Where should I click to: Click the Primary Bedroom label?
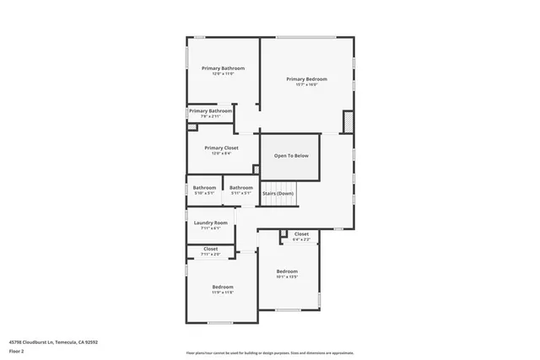click(x=305, y=78)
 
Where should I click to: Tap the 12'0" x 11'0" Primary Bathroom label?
click(x=223, y=67)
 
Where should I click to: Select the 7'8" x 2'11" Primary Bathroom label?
click(x=210, y=110)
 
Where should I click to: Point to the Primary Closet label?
click(x=221, y=148)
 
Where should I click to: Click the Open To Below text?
click(x=290, y=156)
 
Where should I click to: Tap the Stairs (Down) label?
click(x=278, y=194)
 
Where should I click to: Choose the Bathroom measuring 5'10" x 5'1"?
click(x=204, y=187)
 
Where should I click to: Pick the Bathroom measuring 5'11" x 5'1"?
click(x=241, y=187)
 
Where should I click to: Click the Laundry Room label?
click(x=210, y=223)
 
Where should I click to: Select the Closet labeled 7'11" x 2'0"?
click(x=210, y=249)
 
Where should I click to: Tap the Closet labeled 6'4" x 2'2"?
click(x=301, y=234)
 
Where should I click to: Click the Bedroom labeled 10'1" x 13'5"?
click(x=287, y=271)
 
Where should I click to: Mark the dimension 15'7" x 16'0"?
click(x=305, y=84)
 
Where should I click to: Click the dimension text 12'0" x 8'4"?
click(x=221, y=153)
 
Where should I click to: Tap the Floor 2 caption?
click(x=16, y=351)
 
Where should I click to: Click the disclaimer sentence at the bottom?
click(x=269, y=352)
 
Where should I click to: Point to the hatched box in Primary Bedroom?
click(x=348, y=123)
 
